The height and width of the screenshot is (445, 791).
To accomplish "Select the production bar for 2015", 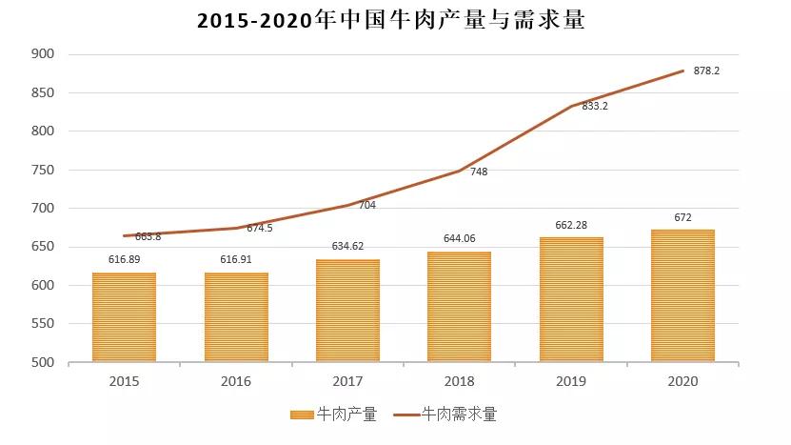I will tap(124, 317).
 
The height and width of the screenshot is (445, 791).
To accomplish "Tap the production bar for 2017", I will tap(347, 311).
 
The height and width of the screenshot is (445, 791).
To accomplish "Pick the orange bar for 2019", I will tap(571, 299).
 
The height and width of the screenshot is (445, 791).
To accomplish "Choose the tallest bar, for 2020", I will tap(682, 295).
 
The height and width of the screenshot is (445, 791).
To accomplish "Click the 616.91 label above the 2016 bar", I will tap(236, 258).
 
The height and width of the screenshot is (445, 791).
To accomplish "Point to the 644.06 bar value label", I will tap(459, 237).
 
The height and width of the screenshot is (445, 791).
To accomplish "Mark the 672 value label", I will tap(682, 217).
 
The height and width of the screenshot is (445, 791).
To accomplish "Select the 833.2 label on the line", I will tap(594, 106).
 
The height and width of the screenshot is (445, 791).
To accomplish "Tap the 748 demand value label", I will tap(479, 172).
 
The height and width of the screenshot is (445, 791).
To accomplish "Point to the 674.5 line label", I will tap(259, 228).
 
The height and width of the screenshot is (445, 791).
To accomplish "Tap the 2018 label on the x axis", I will tap(459, 381).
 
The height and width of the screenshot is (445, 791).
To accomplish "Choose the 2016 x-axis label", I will tap(236, 381).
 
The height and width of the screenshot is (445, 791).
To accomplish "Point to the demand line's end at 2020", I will tap(682, 71).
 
